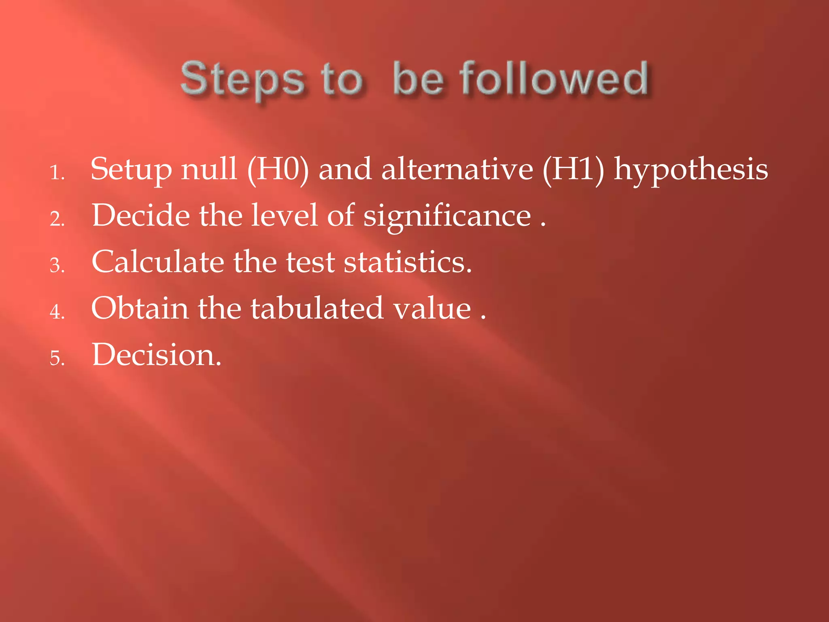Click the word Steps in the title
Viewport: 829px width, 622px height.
242,79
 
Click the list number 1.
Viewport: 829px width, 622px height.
57,173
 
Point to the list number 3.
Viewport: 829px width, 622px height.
57,266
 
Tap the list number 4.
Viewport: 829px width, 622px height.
57,312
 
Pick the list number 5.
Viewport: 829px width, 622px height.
57,359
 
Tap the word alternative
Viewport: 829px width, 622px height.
457,169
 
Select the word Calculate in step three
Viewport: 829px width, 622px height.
158,262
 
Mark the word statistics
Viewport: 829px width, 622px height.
408,262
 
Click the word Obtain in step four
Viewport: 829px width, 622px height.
140,309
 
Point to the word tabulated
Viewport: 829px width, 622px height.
316,309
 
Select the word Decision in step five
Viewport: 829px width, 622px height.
156,355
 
